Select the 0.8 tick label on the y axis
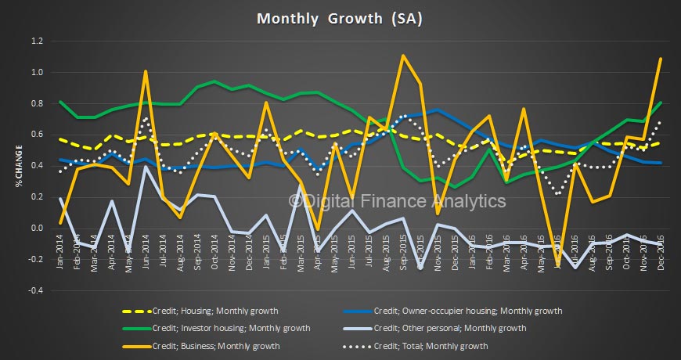coord(38,104)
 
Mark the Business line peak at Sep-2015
coord(402,56)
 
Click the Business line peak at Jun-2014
coord(146,71)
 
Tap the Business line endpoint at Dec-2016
coord(661,59)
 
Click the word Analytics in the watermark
coord(467,201)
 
